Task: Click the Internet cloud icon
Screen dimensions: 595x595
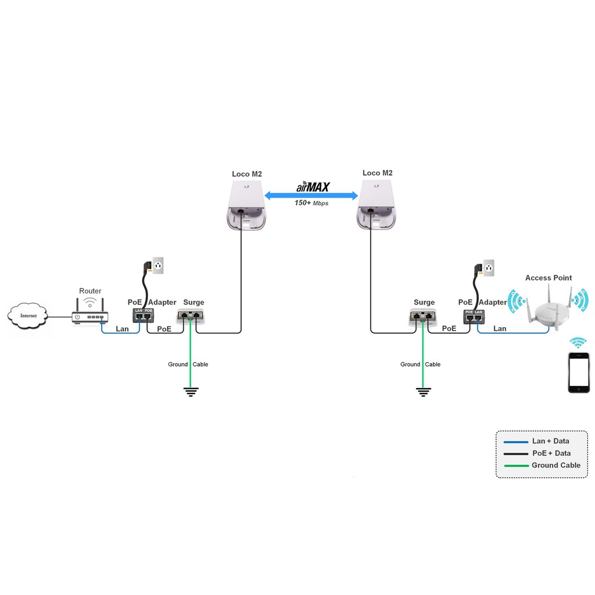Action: coord(28,316)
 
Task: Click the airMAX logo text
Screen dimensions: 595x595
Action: coord(313,187)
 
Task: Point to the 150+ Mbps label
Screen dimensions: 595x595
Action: coord(311,203)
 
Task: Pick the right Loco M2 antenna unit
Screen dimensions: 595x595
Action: coord(377,204)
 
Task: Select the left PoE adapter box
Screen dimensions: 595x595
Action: coord(144,316)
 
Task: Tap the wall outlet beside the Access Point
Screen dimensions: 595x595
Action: coord(489,268)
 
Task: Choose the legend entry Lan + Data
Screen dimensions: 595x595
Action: coord(550,441)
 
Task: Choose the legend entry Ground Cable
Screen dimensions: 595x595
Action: coord(555,465)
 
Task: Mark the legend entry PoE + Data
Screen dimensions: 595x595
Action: coord(551,453)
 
